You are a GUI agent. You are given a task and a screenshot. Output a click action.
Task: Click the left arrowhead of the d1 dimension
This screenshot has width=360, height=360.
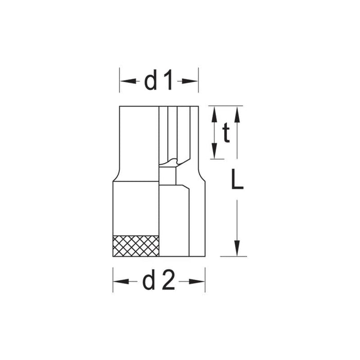click(124, 81)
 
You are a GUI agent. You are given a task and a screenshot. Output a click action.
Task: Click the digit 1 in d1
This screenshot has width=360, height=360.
click(169, 81)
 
